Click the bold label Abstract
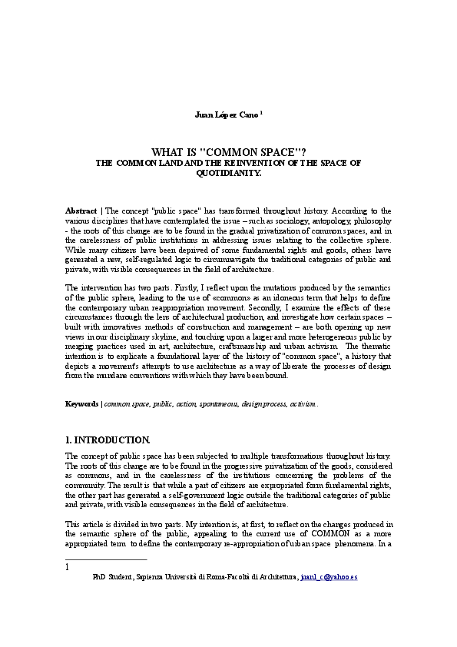click(x=81, y=210)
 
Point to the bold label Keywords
click(x=81, y=403)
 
